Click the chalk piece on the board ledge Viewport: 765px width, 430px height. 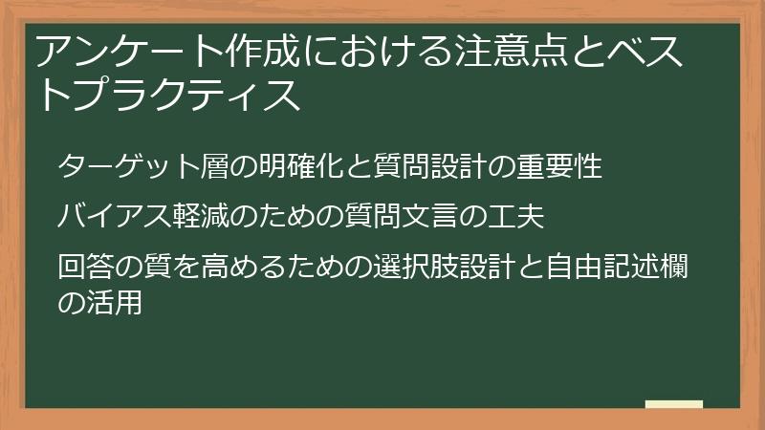[674, 404]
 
